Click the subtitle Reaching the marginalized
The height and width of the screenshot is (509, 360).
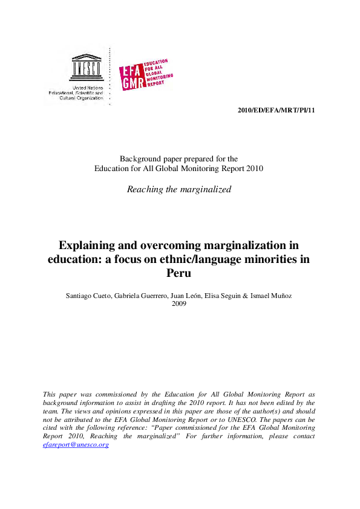point(179,189)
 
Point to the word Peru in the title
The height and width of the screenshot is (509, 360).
point(179,273)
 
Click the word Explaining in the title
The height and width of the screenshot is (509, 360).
point(85,246)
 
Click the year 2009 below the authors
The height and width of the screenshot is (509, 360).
point(179,303)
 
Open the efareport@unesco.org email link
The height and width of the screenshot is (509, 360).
point(76,444)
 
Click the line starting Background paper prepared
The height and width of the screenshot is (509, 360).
point(179,159)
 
